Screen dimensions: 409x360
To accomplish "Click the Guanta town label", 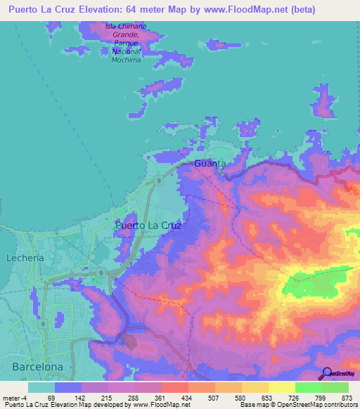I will point(210,164).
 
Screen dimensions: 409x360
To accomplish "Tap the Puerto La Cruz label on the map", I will point(148,226).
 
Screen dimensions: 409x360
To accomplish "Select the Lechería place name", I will point(25,258).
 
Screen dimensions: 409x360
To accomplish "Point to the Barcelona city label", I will point(37,366).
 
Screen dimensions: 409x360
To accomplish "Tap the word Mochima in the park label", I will point(126,60).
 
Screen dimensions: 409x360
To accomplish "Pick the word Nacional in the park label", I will point(127,51).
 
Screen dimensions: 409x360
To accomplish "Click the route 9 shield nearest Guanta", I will point(160,181).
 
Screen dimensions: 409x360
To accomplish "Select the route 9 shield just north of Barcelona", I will point(43,324).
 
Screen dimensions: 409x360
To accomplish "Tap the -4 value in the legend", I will point(27,397).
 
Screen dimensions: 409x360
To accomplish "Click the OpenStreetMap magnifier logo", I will point(327,373).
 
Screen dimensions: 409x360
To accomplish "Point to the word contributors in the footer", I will point(337,405).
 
